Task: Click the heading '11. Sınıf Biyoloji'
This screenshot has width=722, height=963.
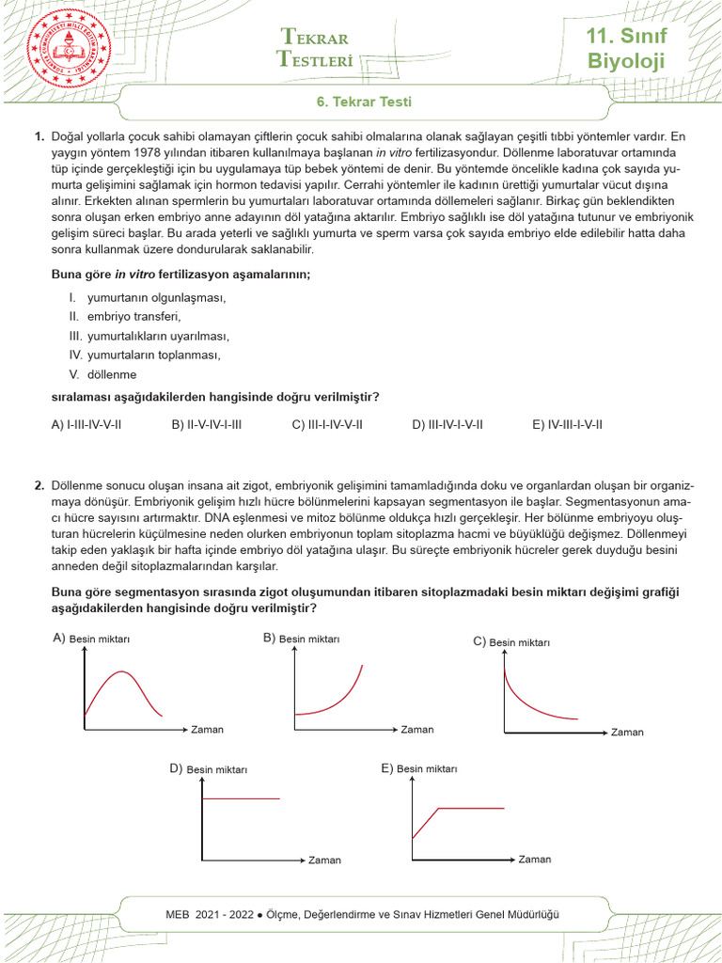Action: tap(625, 50)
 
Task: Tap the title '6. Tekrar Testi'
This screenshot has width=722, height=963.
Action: tap(362, 102)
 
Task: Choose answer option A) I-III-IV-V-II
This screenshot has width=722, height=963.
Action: tap(86, 424)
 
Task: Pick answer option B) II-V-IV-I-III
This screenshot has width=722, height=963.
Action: tap(207, 424)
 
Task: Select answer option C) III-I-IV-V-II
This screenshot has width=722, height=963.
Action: tap(327, 424)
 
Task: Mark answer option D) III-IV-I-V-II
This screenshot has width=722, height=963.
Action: tap(447, 424)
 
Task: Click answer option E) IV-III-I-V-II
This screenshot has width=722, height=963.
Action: tap(568, 424)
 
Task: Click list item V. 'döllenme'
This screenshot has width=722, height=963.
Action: tap(111, 374)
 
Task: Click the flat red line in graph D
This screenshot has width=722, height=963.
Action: tap(242, 798)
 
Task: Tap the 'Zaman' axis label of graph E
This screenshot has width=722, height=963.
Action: tap(535, 859)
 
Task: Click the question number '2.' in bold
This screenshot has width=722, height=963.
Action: tap(39, 486)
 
